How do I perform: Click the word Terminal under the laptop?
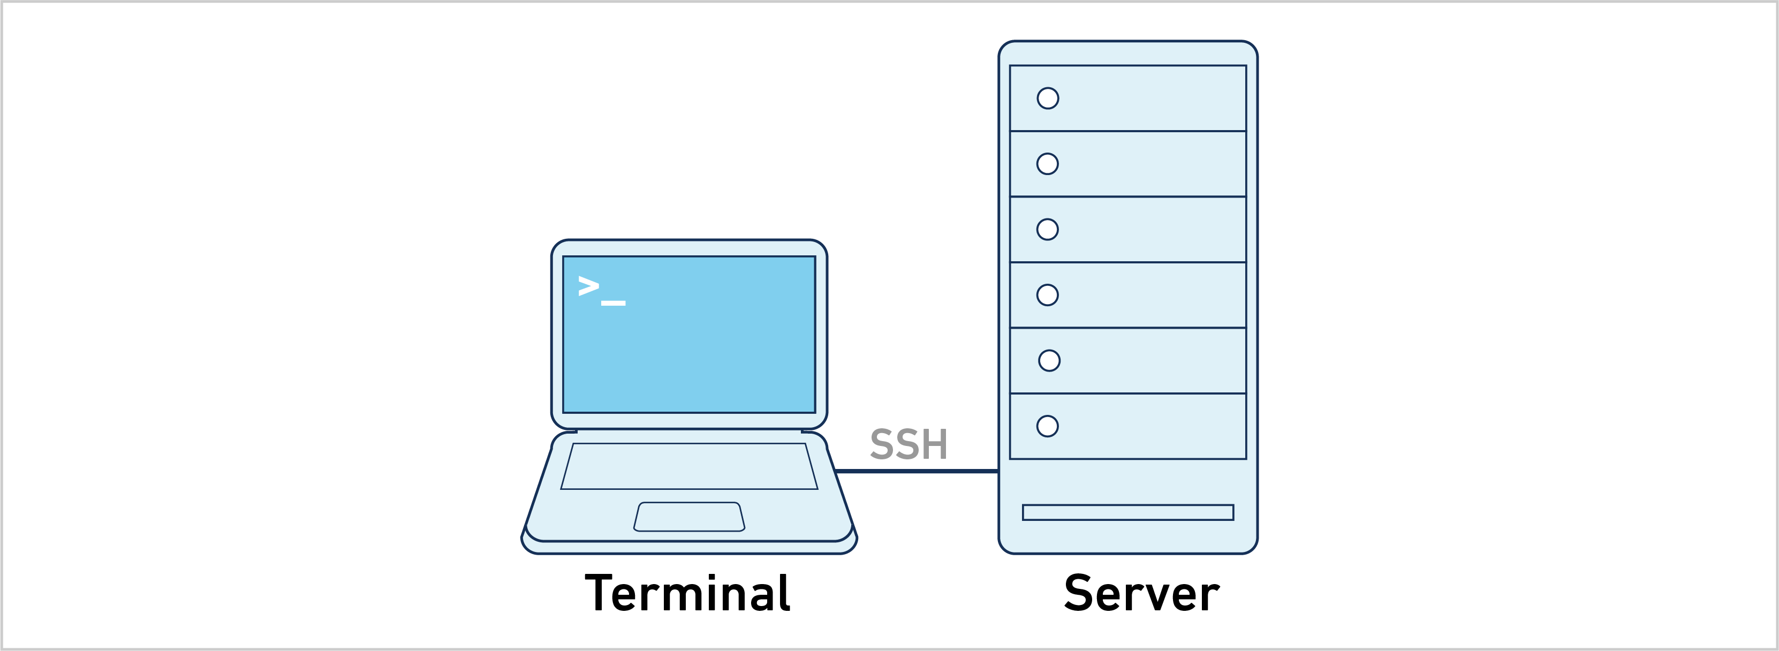point(687,593)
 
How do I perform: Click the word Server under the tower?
point(1141,593)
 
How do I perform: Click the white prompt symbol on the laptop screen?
point(588,286)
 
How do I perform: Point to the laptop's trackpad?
point(689,517)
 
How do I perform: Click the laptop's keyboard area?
point(689,466)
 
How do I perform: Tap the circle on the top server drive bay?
point(1048,98)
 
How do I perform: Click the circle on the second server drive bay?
point(1048,164)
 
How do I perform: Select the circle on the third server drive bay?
point(1048,229)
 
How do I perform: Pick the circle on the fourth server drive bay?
point(1048,295)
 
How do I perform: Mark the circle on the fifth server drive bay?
point(1049,360)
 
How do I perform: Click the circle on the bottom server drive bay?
point(1048,426)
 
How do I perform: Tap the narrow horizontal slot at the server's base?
point(1128,512)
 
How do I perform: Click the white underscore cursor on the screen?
point(614,302)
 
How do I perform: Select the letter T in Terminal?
point(600,593)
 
